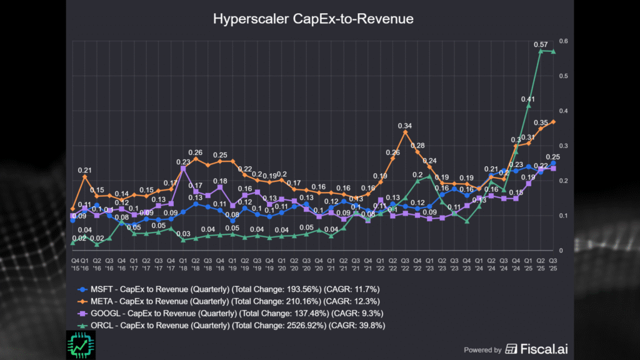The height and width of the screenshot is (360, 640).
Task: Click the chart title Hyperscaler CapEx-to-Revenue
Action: coord(313,19)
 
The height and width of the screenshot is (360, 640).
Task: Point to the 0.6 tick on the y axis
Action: coord(564,41)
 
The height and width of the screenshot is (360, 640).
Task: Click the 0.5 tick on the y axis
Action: coord(564,76)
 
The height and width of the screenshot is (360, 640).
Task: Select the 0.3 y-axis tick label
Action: coord(564,146)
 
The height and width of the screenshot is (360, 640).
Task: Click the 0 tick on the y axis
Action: coord(561,251)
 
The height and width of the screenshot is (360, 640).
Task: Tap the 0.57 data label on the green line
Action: coord(541,44)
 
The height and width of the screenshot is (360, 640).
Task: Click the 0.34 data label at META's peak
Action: coord(405,126)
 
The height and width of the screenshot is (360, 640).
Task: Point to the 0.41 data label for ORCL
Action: coord(529,99)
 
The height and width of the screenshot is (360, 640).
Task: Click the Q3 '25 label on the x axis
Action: coord(552,263)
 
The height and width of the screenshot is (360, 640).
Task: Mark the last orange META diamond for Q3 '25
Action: coord(553,122)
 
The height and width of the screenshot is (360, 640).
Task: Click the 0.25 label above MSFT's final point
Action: coord(552,157)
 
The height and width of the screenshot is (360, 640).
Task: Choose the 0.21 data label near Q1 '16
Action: coord(85,169)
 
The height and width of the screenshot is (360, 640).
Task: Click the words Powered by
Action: coord(482,350)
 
